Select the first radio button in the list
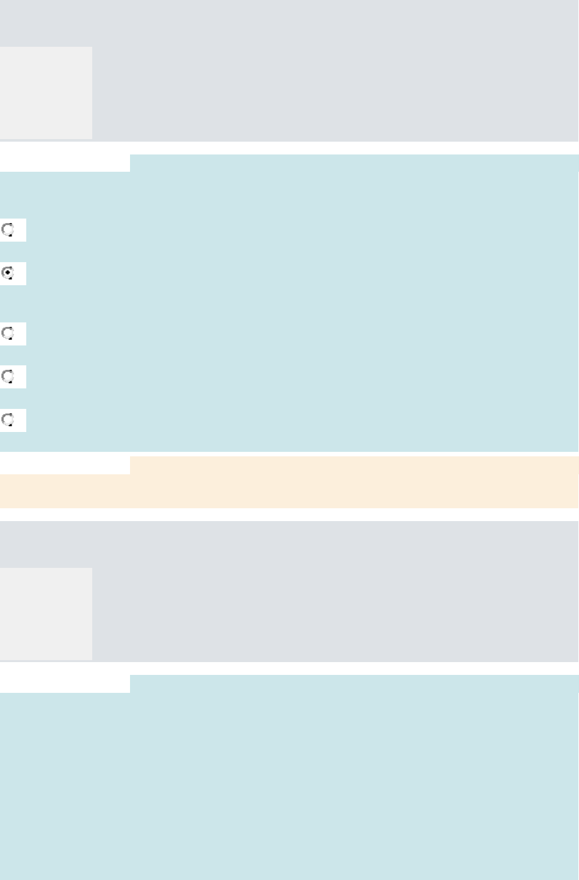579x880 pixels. click(x=8, y=229)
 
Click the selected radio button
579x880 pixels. click(x=8, y=273)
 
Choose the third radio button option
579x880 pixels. click(x=8, y=333)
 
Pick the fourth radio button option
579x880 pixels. click(x=8, y=376)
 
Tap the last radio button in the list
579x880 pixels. click(x=8, y=420)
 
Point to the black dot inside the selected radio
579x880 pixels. click(x=8, y=272)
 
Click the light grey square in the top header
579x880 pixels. click(x=45, y=92)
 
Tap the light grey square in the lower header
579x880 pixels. click(x=45, y=613)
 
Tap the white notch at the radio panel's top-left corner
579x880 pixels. click(x=64, y=163)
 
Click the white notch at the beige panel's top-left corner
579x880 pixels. click(x=64, y=465)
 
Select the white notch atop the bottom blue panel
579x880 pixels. click(x=64, y=683)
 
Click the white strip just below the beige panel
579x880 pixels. click(x=288, y=515)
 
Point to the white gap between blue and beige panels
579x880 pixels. click(x=288, y=454)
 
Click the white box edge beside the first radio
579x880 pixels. click(x=20, y=230)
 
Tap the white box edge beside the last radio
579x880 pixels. click(x=20, y=420)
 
